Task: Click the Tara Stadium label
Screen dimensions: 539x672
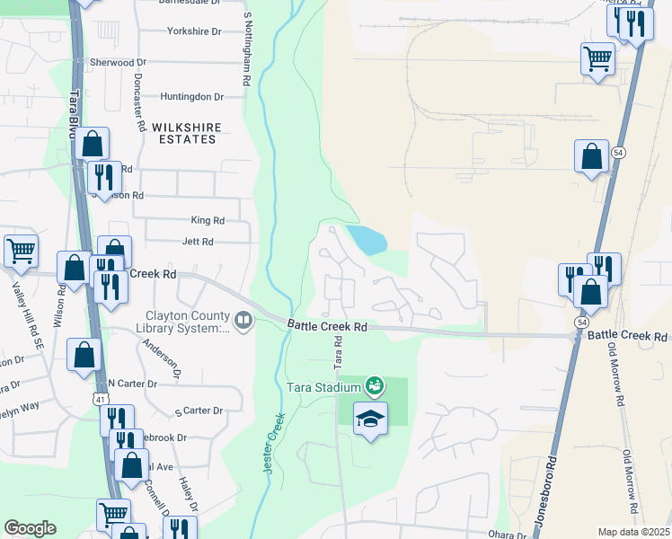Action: click(x=323, y=387)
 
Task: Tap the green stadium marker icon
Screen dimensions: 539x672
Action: click(x=376, y=387)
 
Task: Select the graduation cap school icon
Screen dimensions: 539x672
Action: click(x=370, y=419)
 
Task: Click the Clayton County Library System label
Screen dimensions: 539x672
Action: click(x=187, y=322)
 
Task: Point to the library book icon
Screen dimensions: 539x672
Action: click(x=243, y=321)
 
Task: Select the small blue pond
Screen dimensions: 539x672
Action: click(x=367, y=239)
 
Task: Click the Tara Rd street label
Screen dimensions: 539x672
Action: click(x=339, y=353)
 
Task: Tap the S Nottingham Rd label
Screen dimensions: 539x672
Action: click(x=246, y=48)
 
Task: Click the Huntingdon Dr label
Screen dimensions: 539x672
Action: click(x=191, y=96)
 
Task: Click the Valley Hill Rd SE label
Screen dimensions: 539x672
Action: click(x=15, y=311)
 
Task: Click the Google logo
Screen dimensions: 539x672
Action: click(x=30, y=528)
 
